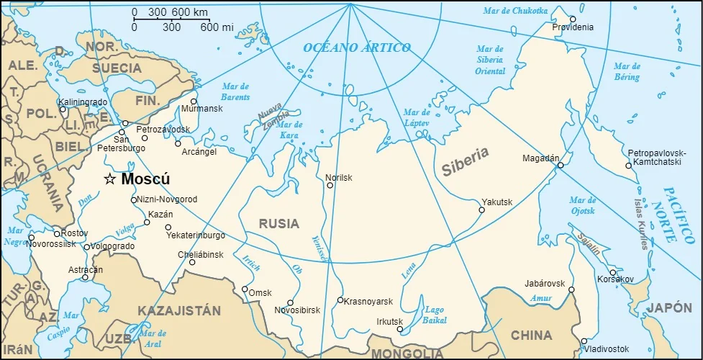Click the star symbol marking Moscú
tap(110, 179)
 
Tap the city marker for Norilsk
tap(330, 185)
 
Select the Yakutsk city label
tap(497, 202)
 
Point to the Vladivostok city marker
tap(584, 341)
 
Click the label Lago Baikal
tap(434, 315)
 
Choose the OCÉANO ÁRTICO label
tap(356, 48)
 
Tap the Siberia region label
tap(465, 161)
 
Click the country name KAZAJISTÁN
tap(179, 311)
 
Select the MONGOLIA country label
tap(407, 354)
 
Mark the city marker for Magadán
tap(561, 165)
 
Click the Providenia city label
tap(573, 27)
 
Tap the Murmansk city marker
tap(194, 102)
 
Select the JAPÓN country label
tap(668, 308)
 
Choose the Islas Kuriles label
tap(640, 224)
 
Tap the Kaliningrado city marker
tap(63, 109)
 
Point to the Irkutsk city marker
tap(400, 329)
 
